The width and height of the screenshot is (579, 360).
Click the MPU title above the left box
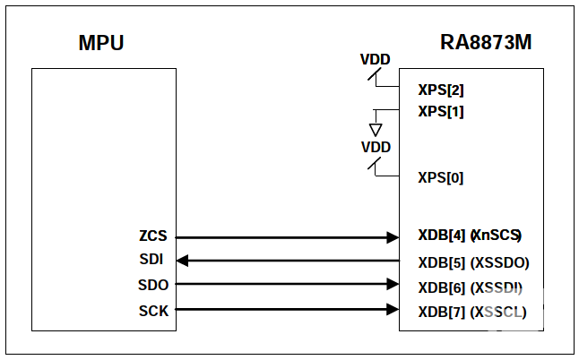coord(100,42)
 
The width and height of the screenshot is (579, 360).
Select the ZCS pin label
coord(153,237)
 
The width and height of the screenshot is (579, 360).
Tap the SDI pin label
coord(154,261)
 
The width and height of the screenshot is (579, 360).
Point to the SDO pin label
coord(154,285)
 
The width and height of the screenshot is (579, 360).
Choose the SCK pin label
coord(154,310)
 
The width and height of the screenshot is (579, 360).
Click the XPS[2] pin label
coord(441,90)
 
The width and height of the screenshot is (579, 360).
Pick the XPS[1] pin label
coord(441,112)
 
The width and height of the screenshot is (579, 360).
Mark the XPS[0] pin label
coord(441,177)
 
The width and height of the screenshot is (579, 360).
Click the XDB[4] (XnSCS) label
coord(470,236)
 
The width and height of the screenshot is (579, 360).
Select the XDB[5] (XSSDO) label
coord(473,262)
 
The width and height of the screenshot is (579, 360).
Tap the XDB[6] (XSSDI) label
coord(471,287)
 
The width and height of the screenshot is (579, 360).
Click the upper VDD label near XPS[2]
coord(375,60)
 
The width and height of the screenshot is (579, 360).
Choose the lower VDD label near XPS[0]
coord(376,146)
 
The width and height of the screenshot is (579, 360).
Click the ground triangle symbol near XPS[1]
coord(376,130)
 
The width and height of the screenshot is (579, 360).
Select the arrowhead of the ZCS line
coord(393,237)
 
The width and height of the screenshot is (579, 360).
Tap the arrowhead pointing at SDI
coord(182,261)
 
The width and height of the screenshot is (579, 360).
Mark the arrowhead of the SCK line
coord(393,310)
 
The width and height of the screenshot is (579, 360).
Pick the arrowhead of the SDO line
coord(393,285)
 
